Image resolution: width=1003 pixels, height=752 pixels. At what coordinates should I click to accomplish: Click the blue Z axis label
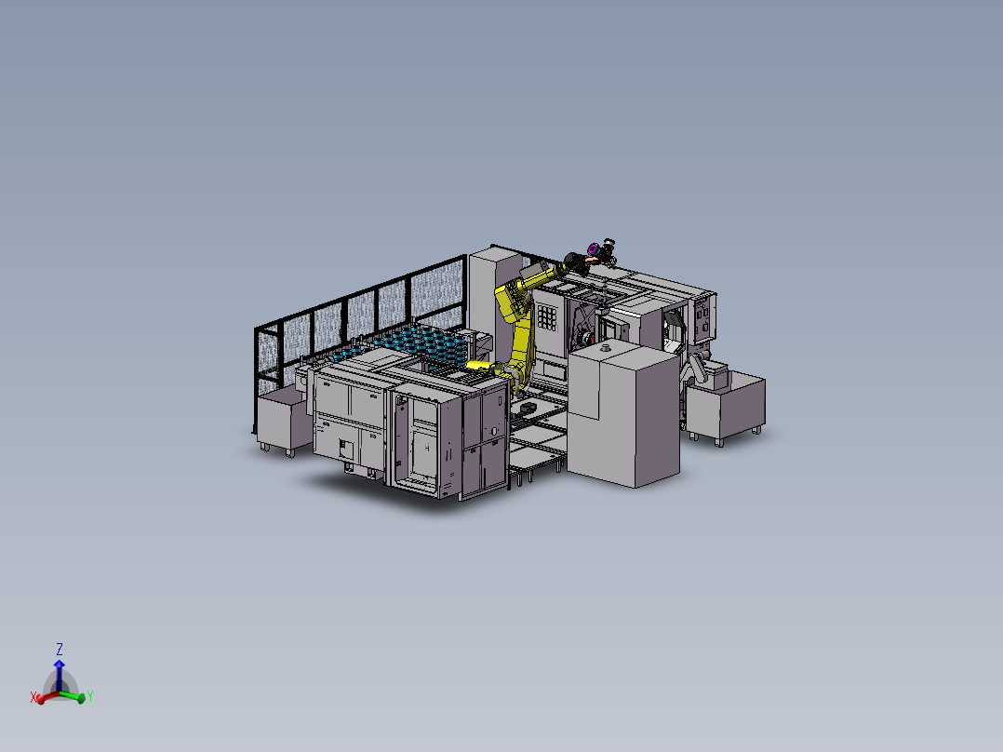pyautogui.click(x=60, y=649)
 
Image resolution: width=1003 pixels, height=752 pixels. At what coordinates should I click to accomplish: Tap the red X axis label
pyautogui.click(x=33, y=697)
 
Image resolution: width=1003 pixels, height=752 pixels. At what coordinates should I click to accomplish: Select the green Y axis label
pyautogui.click(x=89, y=695)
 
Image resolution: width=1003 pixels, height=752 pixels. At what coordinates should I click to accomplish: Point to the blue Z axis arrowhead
pyautogui.click(x=60, y=665)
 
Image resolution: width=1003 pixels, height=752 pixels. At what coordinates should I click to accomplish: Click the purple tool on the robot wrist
pyautogui.click(x=592, y=248)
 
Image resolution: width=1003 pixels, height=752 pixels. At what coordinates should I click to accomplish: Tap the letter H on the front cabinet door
pyautogui.click(x=427, y=448)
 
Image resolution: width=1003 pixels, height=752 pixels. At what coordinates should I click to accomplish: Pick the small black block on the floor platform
pyautogui.click(x=528, y=407)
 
